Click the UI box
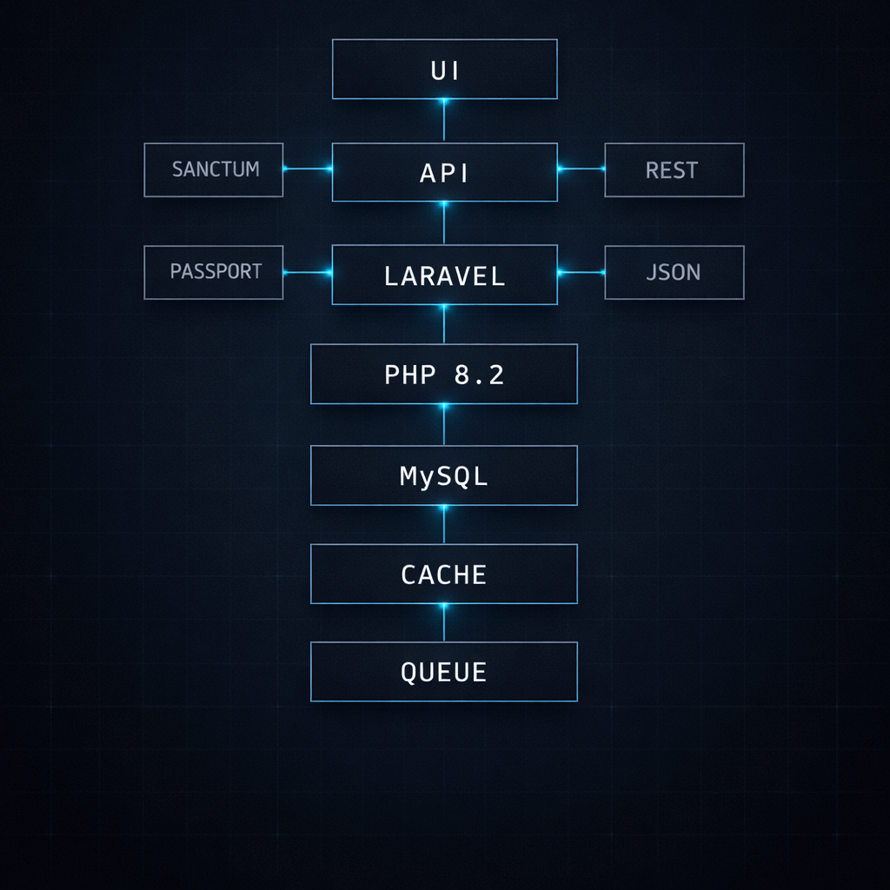click(444, 70)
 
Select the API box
click(444, 172)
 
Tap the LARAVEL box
click(444, 276)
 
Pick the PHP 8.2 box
click(444, 375)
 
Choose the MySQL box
click(444, 475)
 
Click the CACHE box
click(444, 575)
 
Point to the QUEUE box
click(444, 672)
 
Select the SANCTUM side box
click(214, 169)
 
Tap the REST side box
click(674, 169)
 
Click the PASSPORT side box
click(214, 272)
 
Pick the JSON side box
click(674, 272)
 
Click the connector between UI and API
click(444, 121)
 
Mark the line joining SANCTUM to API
click(308, 169)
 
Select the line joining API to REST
click(581, 169)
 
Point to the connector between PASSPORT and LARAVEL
click(308, 272)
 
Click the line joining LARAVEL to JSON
click(581, 272)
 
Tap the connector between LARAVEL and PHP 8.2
click(444, 324)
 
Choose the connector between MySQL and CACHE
click(444, 525)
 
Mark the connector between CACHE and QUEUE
click(444, 623)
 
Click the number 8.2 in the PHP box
click(479, 375)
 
